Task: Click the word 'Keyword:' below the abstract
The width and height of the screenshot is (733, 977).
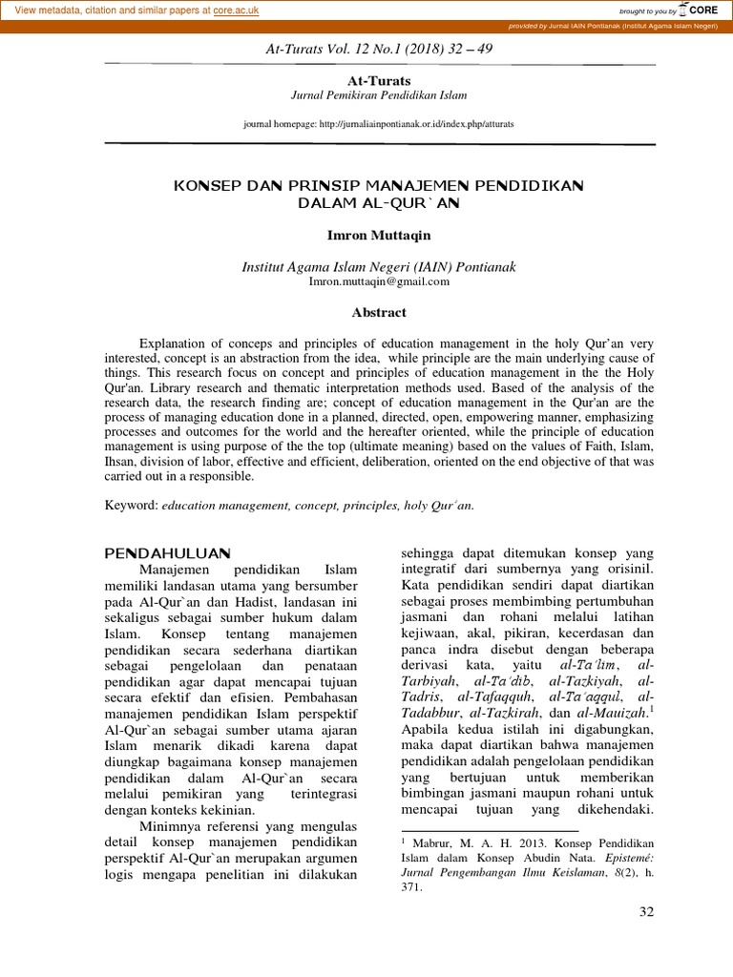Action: pos(132,505)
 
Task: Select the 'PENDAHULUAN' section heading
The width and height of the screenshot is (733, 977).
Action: pos(167,552)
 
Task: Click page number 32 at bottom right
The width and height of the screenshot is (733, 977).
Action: pos(646,913)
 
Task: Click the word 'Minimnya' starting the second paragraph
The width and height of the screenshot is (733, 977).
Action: pos(173,825)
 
